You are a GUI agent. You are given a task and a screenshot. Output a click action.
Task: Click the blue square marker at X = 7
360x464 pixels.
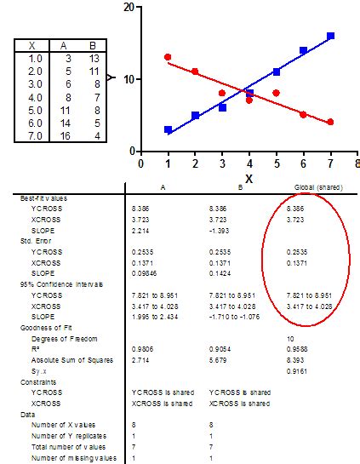[x=330, y=36]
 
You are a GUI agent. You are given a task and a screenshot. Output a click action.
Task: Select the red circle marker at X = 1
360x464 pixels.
[x=168, y=57]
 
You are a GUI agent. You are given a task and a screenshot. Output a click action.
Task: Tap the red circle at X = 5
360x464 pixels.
[x=276, y=93]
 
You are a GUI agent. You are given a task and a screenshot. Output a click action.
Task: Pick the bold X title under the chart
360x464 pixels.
[x=249, y=178]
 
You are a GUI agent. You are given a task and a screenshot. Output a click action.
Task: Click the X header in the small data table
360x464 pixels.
[x=31, y=45]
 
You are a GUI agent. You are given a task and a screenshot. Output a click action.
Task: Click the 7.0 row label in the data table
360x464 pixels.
[x=35, y=135]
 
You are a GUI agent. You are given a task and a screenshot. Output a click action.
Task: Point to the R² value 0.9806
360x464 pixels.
[x=142, y=347]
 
